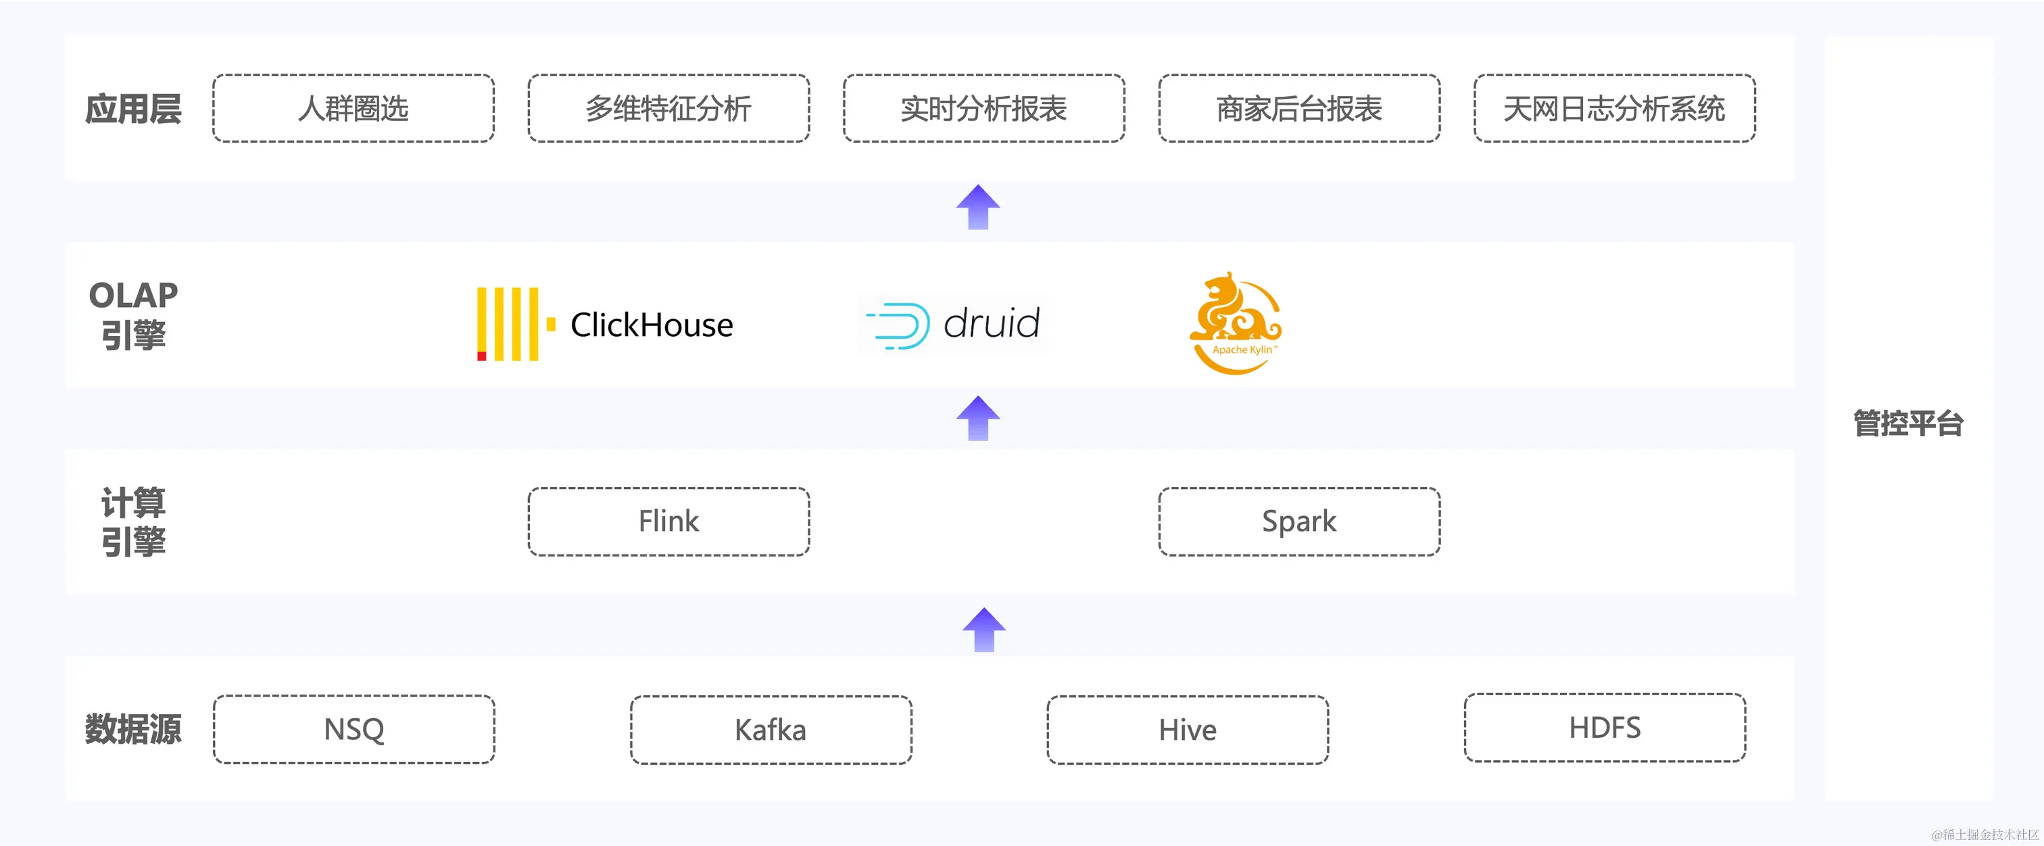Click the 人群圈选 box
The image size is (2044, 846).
click(x=353, y=109)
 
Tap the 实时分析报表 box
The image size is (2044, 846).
click(x=984, y=109)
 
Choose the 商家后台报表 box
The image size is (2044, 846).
click(x=1299, y=109)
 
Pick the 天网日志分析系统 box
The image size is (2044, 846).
click(x=1614, y=109)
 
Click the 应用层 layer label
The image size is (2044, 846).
click(x=133, y=109)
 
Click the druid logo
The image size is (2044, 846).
click(x=953, y=324)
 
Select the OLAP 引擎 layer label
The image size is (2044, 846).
click(x=133, y=315)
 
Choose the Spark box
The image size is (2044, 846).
click(x=1299, y=521)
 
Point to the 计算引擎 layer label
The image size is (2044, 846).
click(x=133, y=522)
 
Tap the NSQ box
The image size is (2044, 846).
click(x=354, y=729)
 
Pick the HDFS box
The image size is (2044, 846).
click(x=1605, y=728)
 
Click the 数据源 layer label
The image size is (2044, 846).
click(x=133, y=728)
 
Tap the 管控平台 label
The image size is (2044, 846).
click(x=1908, y=423)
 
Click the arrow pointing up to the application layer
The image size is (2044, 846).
click(x=977, y=207)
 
